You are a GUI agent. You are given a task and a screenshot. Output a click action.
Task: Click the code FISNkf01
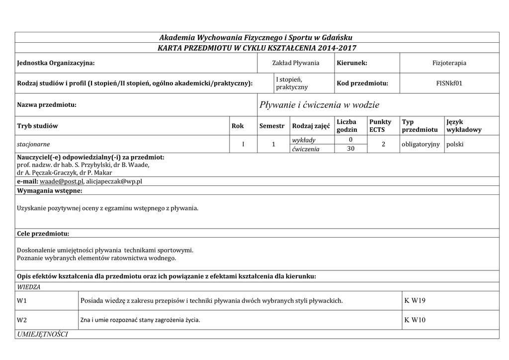[449, 84]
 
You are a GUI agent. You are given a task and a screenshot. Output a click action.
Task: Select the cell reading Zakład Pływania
[296, 63]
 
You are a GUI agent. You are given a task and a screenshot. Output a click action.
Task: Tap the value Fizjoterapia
[449, 63]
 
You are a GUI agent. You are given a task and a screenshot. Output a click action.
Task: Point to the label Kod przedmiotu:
[362, 84]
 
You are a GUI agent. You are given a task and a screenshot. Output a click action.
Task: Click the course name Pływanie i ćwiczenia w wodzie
[319, 105]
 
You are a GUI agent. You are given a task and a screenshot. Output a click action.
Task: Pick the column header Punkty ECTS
[380, 126]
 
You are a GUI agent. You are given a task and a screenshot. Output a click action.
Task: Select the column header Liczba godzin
[347, 126]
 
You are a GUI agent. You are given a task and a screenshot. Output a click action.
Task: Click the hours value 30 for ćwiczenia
[350, 149]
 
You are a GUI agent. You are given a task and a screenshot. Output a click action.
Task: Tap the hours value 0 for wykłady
[350, 140]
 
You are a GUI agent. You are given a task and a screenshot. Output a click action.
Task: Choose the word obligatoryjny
[421, 144]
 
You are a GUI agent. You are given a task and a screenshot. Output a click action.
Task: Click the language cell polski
[455, 144]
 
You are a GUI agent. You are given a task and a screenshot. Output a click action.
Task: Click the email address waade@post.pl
[62, 181]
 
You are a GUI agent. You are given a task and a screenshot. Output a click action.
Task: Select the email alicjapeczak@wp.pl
[114, 181]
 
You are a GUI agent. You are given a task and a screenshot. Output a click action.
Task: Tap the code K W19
[415, 300]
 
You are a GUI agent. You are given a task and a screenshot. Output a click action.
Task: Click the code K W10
[415, 320]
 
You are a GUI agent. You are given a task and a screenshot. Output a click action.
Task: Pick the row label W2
[22, 320]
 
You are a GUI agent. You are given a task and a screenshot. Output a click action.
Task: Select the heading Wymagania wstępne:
[50, 190]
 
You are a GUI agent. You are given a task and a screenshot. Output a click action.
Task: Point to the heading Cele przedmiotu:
[43, 233]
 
